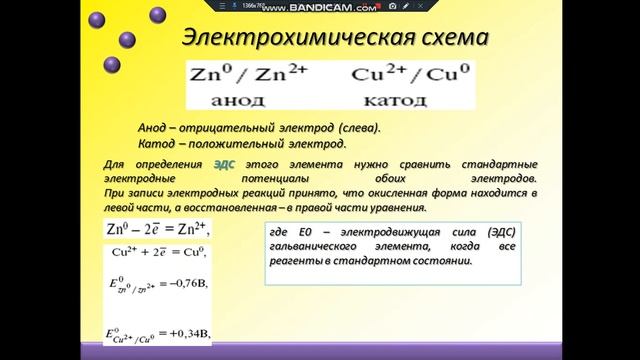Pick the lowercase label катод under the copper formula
pyautogui.click(x=391, y=100)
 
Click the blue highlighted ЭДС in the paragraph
pyautogui.click(x=227, y=163)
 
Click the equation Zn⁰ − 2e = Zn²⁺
pyautogui.click(x=156, y=229)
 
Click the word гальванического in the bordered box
pyautogui.click(x=316, y=246)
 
